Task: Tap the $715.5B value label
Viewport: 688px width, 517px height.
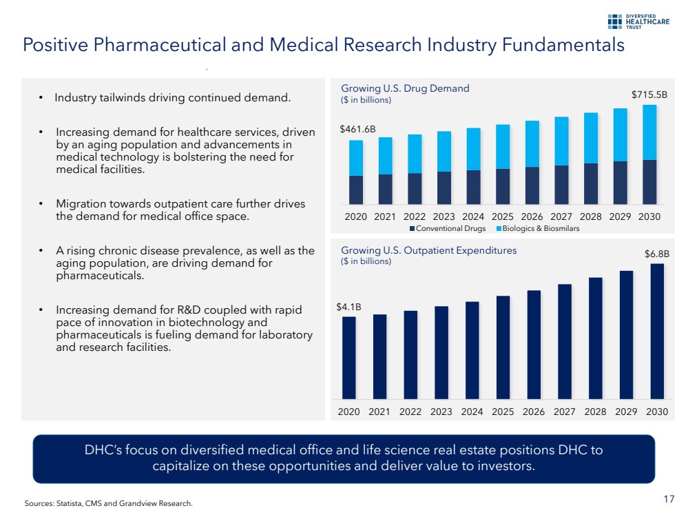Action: click(649, 94)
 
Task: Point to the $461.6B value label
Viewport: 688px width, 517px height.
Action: click(358, 129)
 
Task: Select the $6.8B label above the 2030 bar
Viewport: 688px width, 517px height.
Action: click(656, 254)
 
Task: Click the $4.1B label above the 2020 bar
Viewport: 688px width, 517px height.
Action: click(349, 306)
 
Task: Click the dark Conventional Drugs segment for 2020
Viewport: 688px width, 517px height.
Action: click(356, 190)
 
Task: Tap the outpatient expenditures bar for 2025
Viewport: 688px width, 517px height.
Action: click(503, 347)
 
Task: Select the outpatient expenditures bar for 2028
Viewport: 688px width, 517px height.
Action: click(596, 338)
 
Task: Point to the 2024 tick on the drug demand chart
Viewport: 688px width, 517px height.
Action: click(472, 216)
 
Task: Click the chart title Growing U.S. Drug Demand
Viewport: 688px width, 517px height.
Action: click(405, 88)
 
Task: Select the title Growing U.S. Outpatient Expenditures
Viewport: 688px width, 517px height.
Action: click(428, 250)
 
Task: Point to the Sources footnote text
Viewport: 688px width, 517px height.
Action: click(108, 503)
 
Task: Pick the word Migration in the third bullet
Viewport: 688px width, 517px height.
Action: click(81, 204)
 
